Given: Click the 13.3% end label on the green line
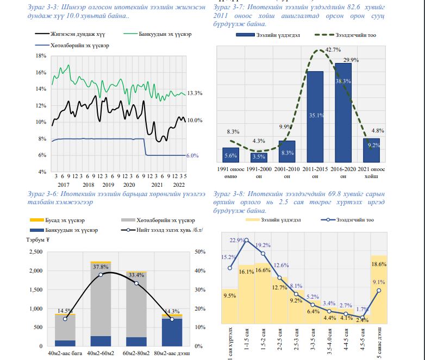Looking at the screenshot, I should tap(195, 93).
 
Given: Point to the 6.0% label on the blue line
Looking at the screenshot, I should tap(192, 155).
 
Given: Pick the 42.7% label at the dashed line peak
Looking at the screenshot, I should tap(333, 49).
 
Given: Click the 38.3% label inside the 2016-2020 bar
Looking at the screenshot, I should tap(343, 81).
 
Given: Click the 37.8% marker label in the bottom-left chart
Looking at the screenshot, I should tap(100, 267).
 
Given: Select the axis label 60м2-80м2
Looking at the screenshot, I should tap(136, 354).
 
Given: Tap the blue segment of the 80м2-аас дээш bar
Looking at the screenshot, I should tap(172, 332).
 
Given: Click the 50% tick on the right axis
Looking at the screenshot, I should tap(199, 252).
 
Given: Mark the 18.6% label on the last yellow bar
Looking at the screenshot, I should tap(379, 264).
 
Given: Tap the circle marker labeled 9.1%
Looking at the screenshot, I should tap(379, 290).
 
